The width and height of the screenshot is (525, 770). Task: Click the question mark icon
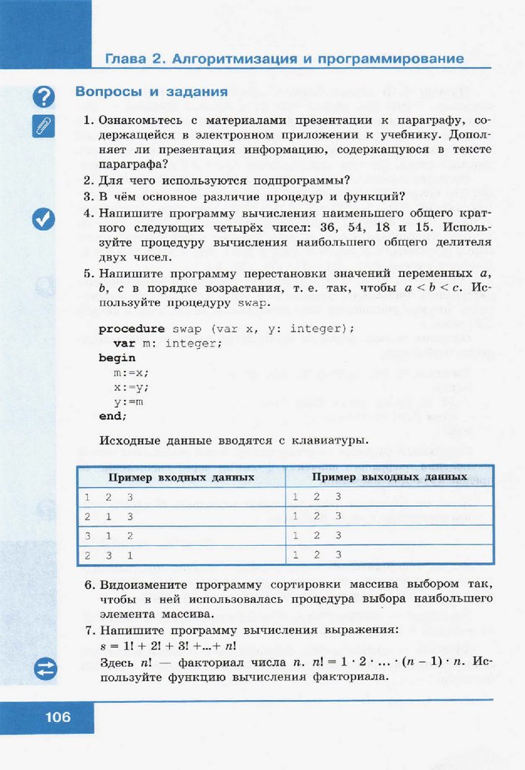click(44, 96)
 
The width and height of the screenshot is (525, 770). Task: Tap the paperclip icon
click(44, 126)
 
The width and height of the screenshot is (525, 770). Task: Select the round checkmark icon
click(44, 219)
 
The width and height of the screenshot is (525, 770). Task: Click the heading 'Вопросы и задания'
click(151, 92)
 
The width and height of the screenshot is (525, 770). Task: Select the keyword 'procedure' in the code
click(132, 329)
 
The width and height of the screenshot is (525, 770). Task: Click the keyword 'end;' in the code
click(113, 416)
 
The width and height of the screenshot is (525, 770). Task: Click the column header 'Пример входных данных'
click(181, 477)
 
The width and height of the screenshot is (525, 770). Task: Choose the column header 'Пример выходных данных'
click(390, 477)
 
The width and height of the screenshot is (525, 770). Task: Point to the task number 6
click(88, 584)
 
